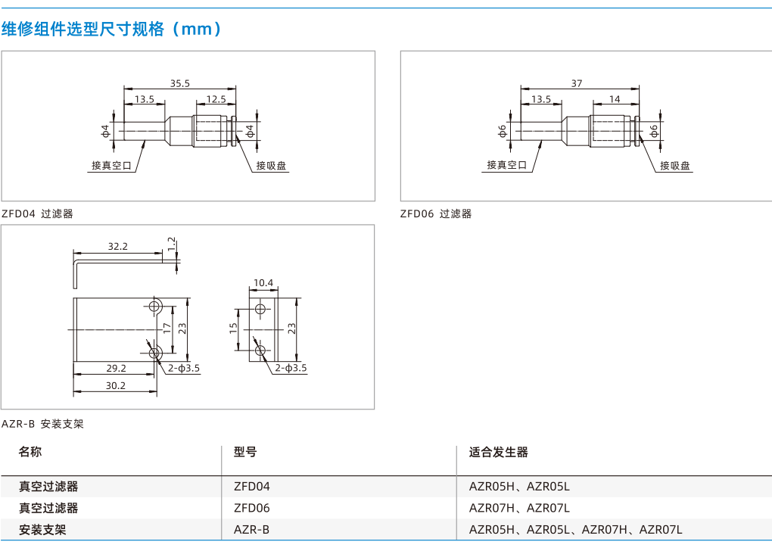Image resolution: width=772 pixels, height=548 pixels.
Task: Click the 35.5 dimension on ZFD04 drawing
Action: coord(179,84)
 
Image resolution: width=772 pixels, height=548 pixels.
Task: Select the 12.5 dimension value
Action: coord(216,99)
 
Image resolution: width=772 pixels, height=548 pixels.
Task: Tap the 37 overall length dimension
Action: coord(577,84)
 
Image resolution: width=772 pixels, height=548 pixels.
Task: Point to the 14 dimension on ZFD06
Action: coord(615,99)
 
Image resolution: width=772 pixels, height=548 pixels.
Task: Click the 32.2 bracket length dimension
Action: coord(117,246)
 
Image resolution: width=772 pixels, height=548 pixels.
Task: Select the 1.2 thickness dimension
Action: coord(171,244)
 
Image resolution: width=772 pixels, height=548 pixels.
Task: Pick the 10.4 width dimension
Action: coord(263,283)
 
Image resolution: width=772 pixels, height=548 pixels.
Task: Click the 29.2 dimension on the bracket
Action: coord(117,369)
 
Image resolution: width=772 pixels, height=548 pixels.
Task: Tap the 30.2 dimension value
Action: coord(116,386)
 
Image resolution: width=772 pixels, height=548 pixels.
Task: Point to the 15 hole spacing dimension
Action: coord(233,328)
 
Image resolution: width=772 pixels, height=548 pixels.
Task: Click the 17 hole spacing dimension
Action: coord(167,328)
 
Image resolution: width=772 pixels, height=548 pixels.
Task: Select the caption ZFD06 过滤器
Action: coord(436,213)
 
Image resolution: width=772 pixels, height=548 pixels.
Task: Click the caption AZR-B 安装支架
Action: coord(42,424)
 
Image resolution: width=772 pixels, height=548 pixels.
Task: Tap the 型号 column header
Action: coord(245,452)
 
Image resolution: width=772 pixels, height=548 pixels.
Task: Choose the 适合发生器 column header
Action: coord(498,452)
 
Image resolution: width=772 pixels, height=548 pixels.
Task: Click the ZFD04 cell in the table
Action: coord(251,487)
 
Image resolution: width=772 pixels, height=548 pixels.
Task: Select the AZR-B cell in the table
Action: coord(251,530)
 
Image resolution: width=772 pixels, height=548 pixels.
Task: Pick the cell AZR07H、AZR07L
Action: coord(519,508)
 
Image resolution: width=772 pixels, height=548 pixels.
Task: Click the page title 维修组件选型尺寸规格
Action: coord(82,29)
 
